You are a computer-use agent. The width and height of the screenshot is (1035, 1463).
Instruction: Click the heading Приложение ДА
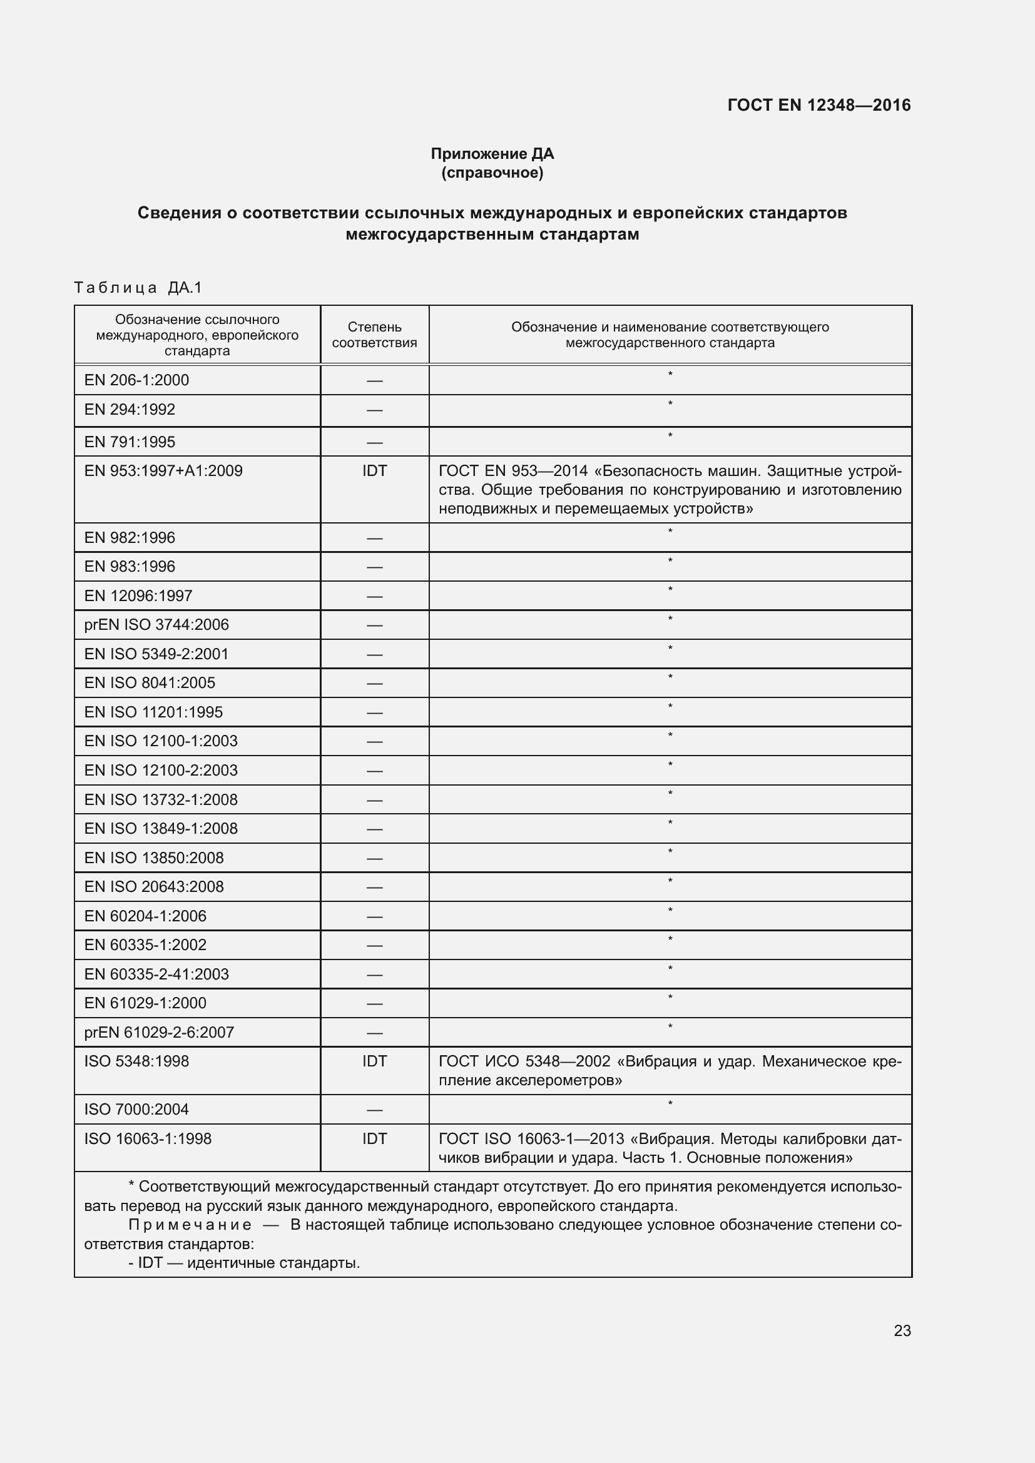click(x=492, y=154)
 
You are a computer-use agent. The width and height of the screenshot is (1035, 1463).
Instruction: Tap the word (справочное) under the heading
click(x=492, y=173)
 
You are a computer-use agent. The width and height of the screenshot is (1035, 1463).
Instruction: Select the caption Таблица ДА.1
click(x=138, y=288)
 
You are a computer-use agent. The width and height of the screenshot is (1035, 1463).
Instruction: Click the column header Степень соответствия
click(x=374, y=335)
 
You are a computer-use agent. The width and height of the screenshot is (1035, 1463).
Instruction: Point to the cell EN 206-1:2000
click(x=136, y=380)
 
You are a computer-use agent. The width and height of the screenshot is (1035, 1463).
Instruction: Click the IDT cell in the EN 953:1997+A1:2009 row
click(x=374, y=471)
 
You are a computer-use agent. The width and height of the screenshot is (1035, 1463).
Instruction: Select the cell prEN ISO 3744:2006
click(x=156, y=624)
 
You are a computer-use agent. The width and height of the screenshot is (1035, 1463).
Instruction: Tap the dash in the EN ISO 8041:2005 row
click(x=374, y=684)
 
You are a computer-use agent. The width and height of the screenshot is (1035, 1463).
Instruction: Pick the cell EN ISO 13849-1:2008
click(x=161, y=828)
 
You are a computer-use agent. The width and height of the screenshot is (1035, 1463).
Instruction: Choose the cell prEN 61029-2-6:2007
click(x=159, y=1032)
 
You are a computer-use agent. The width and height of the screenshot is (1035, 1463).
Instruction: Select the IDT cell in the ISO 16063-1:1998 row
click(x=374, y=1138)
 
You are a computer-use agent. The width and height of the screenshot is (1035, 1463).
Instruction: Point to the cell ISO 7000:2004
click(x=136, y=1110)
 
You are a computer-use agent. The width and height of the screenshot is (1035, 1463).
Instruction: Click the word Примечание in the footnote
click(x=190, y=1225)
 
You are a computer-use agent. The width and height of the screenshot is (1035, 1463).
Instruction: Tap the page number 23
click(x=902, y=1330)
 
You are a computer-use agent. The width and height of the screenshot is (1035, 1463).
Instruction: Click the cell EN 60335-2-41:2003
click(x=156, y=974)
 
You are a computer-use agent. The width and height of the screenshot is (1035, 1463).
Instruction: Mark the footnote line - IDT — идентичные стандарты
click(x=244, y=1263)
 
